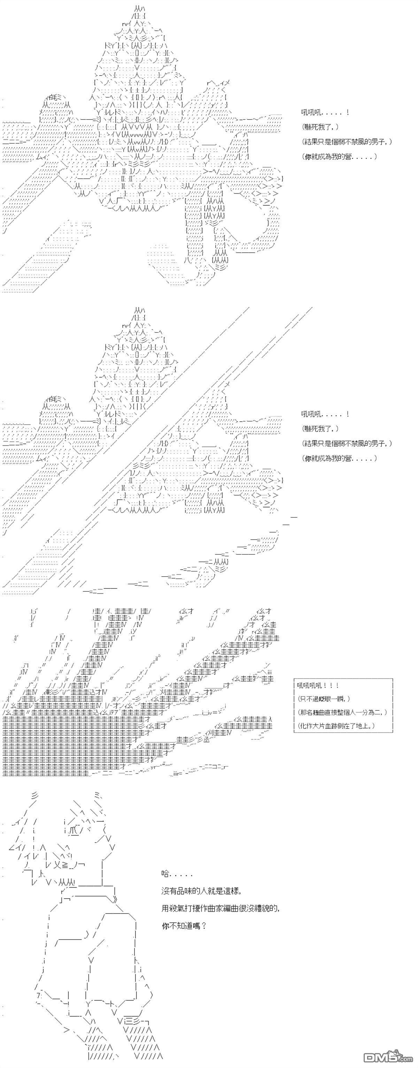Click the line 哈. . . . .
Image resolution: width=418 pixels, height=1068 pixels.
pos(166,874)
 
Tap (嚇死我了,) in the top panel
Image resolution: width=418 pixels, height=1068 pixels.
pos(320,127)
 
